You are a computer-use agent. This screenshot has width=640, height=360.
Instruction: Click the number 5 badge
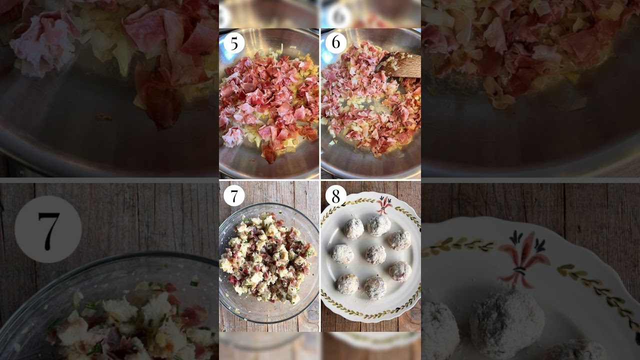pyautogui.click(x=234, y=43)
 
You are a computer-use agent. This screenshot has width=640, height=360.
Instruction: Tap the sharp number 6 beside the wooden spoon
pyautogui.click(x=336, y=42)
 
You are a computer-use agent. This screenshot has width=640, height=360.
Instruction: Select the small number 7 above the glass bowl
pyautogui.click(x=234, y=195)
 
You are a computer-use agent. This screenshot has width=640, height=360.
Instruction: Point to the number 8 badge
pyautogui.click(x=336, y=195)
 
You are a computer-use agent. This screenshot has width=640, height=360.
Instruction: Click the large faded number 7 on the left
pyautogui.click(x=48, y=229)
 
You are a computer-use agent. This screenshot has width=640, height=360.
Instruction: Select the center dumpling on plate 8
pyautogui.click(x=375, y=254)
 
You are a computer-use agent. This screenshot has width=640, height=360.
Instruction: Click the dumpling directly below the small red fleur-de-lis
pyautogui.click(x=379, y=225)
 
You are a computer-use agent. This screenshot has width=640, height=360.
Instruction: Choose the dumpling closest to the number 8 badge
pyautogui.click(x=353, y=229)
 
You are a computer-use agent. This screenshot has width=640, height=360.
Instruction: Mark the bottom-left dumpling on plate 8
pyautogui.click(x=347, y=284)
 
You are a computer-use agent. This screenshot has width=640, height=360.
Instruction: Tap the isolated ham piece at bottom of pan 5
pyautogui.click(x=269, y=153)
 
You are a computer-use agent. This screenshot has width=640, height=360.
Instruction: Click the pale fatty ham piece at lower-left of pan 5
pyautogui.click(x=232, y=136)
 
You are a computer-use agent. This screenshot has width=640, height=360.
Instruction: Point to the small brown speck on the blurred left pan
pyautogui.click(x=103, y=117)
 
